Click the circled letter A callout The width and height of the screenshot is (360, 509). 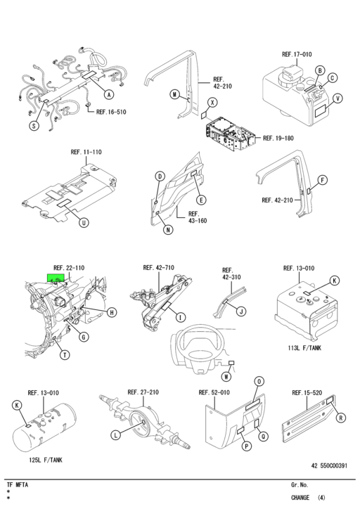click(109, 94)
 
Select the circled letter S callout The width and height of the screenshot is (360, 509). click(34, 127)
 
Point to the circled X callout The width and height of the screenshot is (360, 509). click(213, 102)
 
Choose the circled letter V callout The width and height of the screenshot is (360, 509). click(338, 98)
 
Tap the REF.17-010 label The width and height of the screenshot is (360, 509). click(297, 54)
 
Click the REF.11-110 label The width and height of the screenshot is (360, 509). click(86, 152)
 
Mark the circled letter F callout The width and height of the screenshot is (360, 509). click(323, 180)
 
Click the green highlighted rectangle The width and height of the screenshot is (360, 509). click(55, 278)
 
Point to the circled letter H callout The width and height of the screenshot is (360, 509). click(112, 311)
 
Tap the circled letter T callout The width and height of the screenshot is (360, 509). click(64, 355)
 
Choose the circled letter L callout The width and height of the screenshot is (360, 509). click(115, 435)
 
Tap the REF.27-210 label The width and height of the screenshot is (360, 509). click(143, 392)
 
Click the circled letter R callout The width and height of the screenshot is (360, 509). click(341, 418)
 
